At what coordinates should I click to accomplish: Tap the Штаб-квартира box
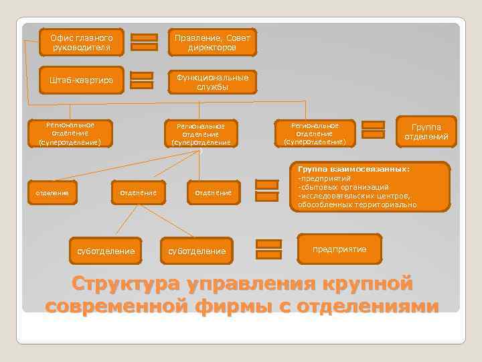click(x=80, y=81)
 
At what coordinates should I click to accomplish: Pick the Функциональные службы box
click(x=212, y=82)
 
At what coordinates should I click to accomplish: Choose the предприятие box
click(x=341, y=249)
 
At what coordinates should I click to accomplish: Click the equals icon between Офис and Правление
click(x=144, y=42)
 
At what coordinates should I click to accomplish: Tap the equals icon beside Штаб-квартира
click(x=141, y=80)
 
